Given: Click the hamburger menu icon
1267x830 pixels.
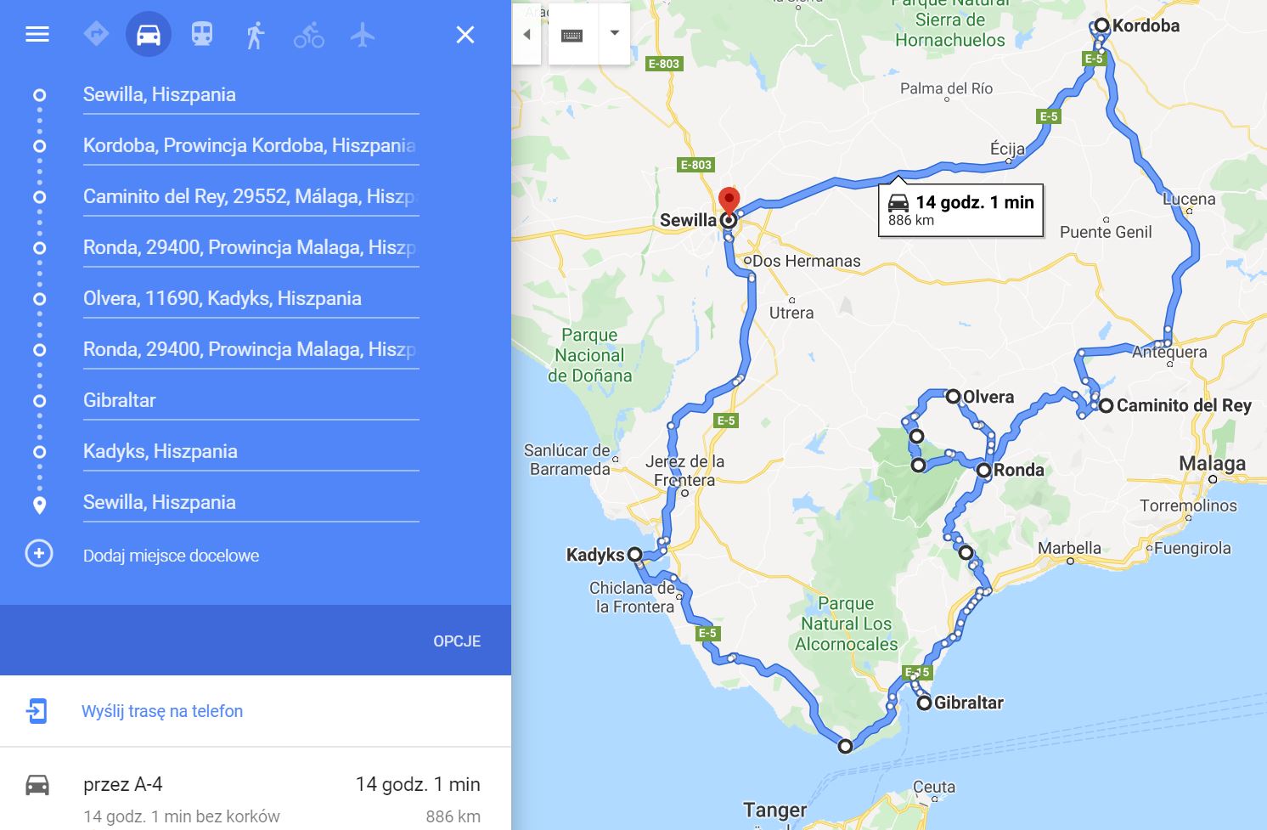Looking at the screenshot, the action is coord(37,35).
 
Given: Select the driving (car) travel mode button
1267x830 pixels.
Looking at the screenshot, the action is coord(149,35).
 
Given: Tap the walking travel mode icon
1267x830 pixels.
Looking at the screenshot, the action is coord(255,35).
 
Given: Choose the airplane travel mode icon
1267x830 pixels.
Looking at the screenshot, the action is coord(363,35).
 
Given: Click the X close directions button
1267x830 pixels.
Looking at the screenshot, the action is coord(465,35).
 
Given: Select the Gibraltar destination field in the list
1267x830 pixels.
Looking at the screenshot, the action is coord(251,400).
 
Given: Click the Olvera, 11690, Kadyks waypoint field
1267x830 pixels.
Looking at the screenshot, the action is coord(251,298).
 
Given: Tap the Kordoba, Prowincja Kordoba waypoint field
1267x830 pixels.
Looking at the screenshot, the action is coord(251,145).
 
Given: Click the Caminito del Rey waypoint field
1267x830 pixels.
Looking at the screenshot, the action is coord(251,196).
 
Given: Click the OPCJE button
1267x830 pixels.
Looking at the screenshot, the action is coord(457,641).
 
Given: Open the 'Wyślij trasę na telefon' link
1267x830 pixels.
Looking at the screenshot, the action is coord(161,711).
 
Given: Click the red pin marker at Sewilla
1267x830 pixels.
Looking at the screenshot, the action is coord(729,200).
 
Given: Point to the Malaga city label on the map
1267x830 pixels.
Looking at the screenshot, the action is coord(1212,464).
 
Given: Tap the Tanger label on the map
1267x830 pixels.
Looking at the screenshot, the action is coord(774,810).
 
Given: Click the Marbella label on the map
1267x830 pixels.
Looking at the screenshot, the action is coord(1069,548).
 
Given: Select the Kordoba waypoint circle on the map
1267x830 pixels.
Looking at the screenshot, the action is coord(1101,25).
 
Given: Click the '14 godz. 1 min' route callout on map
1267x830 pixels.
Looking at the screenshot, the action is coord(960,210).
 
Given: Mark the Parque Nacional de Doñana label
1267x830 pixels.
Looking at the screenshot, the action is coord(589,355).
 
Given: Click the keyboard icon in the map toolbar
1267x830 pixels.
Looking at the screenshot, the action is coord(572,35).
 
